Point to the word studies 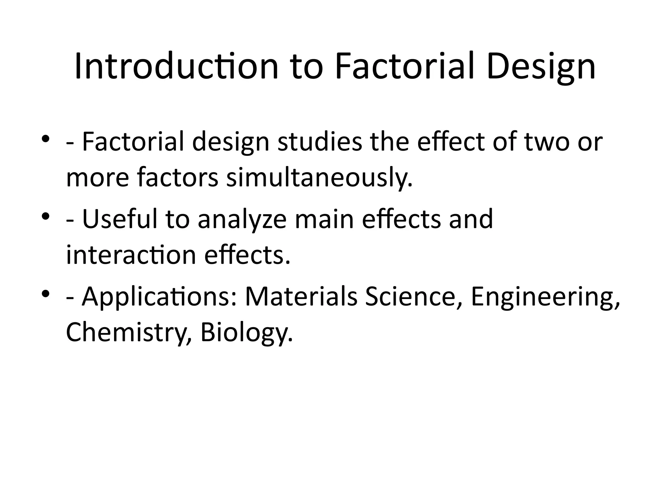pos(320,142)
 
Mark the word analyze pos(242,219)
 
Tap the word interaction pos(131,255)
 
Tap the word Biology pos(246,332)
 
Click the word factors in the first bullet pos(177,177)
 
